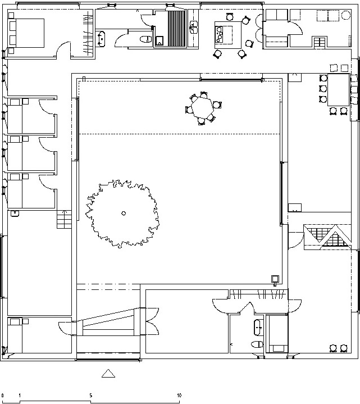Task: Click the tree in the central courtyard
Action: click(x=122, y=214)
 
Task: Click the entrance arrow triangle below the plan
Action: click(x=108, y=374)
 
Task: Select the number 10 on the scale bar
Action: click(x=179, y=395)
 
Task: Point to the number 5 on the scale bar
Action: click(x=90, y=395)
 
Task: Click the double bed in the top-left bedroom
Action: click(x=26, y=33)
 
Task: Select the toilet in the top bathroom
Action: click(x=146, y=39)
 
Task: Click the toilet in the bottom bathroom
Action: click(x=257, y=344)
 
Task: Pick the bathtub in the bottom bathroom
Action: click(x=258, y=328)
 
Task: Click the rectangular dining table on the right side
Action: click(x=338, y=90)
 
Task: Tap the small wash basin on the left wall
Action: click(x=15, y=214)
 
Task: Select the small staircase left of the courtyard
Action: click(x=64, y=219)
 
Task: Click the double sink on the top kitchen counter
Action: click(x=193, y=28)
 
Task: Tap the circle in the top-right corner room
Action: click(x=345, y=15)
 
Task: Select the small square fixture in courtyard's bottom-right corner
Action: click(x=275, y=279)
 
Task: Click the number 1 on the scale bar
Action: click(x=20, y=395)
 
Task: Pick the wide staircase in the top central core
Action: click(x=177, y=28)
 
